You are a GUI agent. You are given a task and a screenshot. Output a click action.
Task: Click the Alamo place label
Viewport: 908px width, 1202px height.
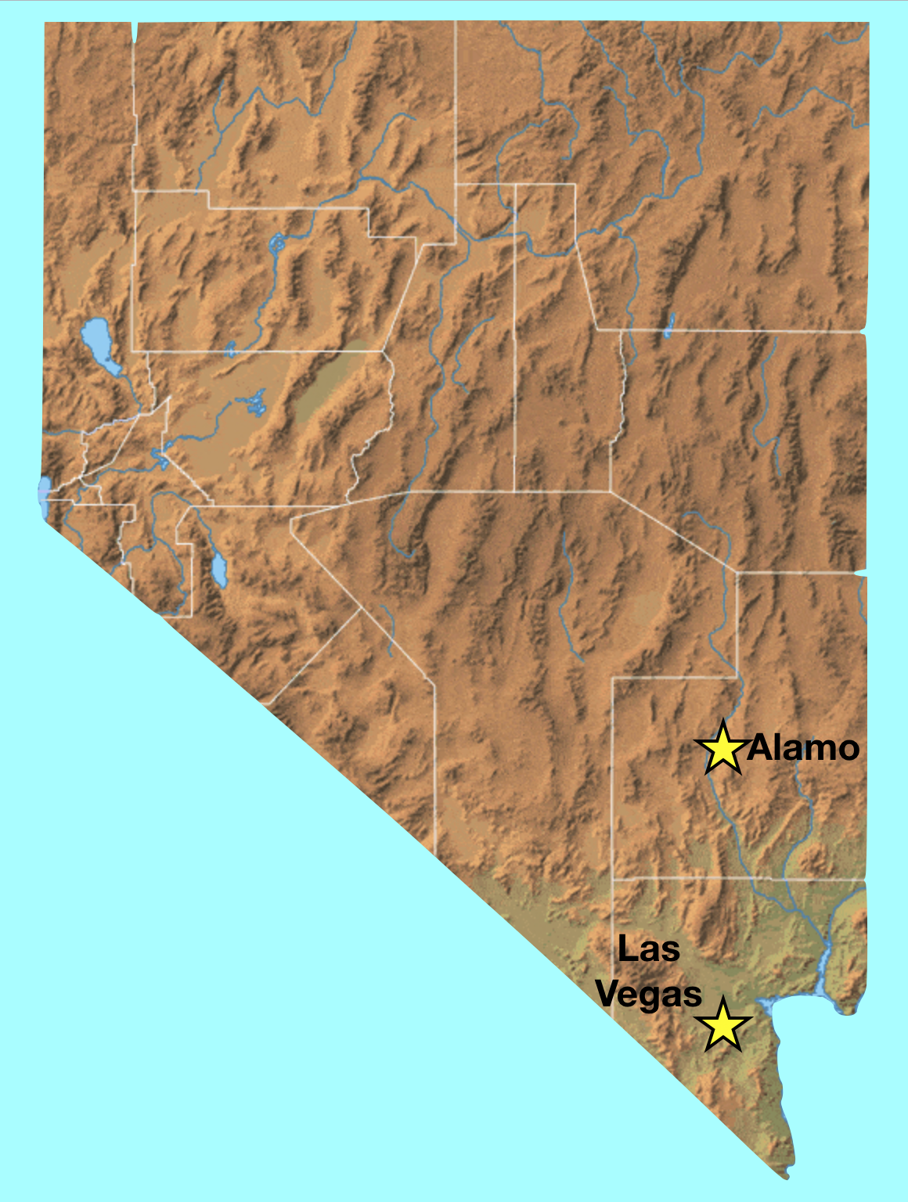coord(803,749)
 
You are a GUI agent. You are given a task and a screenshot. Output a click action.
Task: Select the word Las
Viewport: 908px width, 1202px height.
coord(648,949)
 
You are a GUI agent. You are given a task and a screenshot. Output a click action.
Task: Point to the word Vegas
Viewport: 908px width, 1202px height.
coord(648,995)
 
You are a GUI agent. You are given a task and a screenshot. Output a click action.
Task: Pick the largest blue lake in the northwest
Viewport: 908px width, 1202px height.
coord(99,344)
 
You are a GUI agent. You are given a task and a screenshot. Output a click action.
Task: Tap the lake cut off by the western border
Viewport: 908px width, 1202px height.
coord(44,496)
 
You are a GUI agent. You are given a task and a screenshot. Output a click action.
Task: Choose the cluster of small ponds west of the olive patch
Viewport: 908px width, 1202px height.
coord(252,404)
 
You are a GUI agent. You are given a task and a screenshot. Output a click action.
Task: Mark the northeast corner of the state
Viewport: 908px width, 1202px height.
coord(867,23)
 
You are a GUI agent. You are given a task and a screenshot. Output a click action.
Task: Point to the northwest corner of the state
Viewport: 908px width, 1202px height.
coord(45,23)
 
